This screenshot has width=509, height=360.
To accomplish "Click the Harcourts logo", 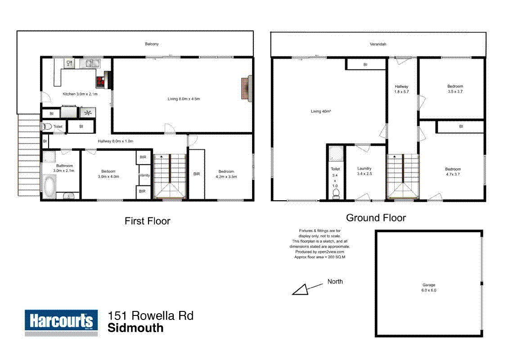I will (61, 322).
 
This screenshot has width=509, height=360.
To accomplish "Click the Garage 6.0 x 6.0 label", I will (429, 288).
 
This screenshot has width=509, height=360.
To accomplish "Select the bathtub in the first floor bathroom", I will (50, 186).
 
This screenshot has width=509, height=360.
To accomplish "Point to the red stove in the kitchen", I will (100, 81).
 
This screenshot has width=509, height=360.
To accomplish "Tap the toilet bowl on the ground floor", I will (335, 193).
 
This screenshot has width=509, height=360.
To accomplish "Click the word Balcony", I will (152, 44).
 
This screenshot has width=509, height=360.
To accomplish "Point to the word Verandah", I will (378, 44).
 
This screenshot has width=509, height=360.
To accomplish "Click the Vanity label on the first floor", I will (145, 175).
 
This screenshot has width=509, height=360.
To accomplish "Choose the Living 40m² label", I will (320, 111).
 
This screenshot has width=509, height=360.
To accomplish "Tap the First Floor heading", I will (148, 221).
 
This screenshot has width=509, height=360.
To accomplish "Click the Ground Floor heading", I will (376, 218).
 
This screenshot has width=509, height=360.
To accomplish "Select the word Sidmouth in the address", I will (135, 328).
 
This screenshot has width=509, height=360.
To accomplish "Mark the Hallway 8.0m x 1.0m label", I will (116, 141).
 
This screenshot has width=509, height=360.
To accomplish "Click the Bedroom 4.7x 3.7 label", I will (453, 171).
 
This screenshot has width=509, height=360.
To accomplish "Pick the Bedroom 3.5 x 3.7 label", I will (455, 89).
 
